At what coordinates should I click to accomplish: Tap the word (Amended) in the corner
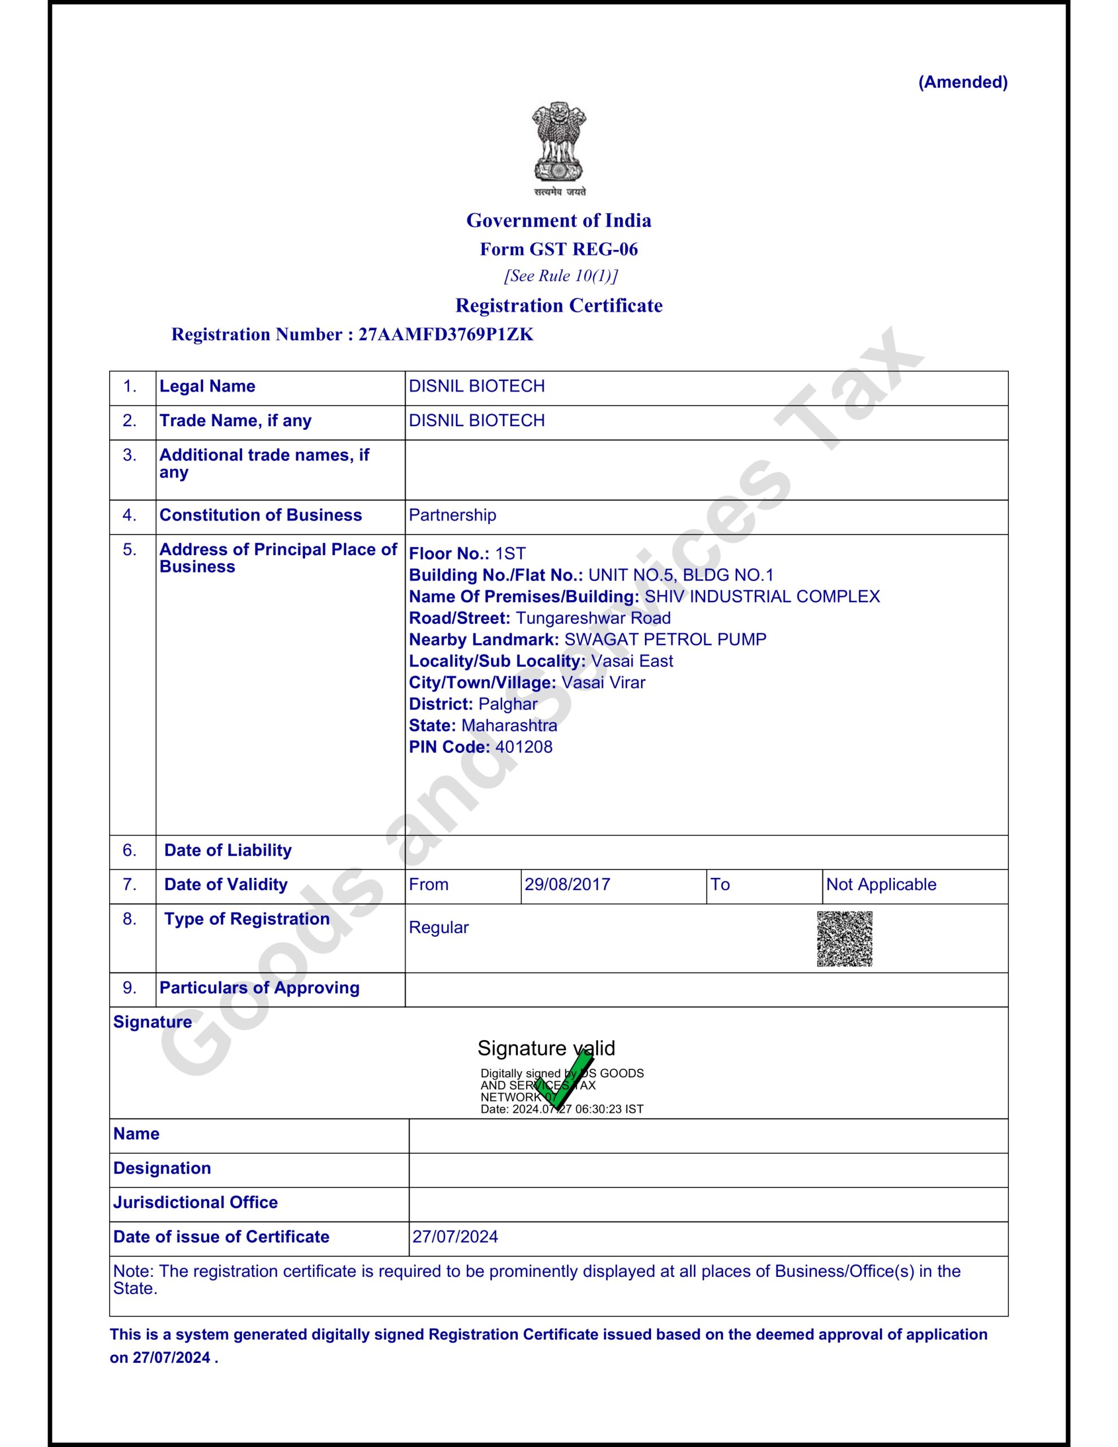tap(962, 82)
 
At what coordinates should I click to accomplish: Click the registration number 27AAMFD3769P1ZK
tap(445, 334)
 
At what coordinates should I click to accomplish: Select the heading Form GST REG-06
tap(558, 249)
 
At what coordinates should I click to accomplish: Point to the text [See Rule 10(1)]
tap(561, 276)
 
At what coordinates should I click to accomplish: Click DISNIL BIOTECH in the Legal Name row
tap(476, 386)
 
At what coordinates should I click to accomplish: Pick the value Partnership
tap(452, 515)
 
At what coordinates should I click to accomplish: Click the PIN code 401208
tap(523, 747)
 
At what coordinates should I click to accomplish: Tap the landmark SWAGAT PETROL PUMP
tap(665, 639)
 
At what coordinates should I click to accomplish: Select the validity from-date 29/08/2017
tap(566, 885)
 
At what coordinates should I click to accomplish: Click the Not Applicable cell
tap(881, 885)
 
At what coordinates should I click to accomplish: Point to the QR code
tap(844, 939)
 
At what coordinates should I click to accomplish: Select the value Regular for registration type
tap(438, 928)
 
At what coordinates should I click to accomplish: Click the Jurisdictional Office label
tap(195, 1202)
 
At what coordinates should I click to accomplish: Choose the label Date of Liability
tap(227, 850)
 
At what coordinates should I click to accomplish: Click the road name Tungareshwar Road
tap(592, 618)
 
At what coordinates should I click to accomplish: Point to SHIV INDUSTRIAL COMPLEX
tap(761, 596)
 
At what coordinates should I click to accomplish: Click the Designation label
tap(162, 1168)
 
